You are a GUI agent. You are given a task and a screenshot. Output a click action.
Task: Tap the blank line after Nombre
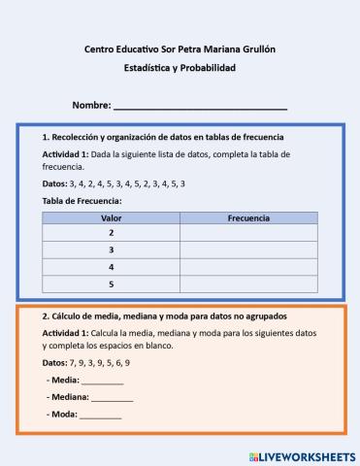(x=201, y=105)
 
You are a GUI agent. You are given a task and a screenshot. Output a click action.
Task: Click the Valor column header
(x=111, y=218)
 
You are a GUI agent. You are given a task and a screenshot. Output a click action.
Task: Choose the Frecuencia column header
(x=248, y=218)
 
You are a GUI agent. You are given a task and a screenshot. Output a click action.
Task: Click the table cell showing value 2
(x=111, y=233)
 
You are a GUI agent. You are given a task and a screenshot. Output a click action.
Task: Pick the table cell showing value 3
(x=111, y=250)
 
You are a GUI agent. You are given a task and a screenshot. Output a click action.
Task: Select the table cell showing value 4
(x=111, y=266)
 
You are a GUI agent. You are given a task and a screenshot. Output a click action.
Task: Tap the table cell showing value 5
(x=111, y=283)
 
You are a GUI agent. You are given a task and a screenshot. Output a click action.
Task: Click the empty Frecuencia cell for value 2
(x=248, y=233)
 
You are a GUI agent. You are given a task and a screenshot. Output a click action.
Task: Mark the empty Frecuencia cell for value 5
(x=248, y=283)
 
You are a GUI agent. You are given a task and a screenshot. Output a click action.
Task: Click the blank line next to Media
(x=103, y=381)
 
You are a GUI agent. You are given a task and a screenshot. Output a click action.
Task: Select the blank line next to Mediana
(x=113, y=398)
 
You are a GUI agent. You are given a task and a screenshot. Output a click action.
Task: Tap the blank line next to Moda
(x=101, y=416)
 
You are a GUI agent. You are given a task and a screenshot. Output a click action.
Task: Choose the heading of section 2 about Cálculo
(x=164, y=316)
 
